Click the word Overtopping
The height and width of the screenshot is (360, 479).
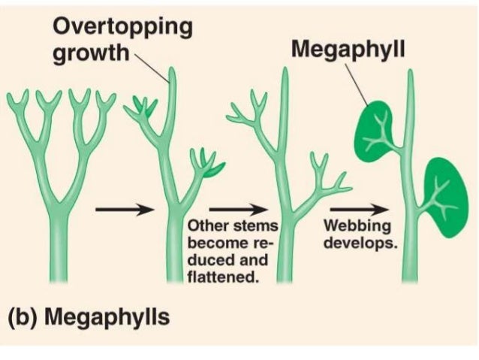click(122, 27)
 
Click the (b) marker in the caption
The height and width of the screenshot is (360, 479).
click(26, 316)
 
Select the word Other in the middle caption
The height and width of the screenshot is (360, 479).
click(207, 226)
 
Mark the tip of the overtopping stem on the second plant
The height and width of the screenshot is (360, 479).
click(173, 71)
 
